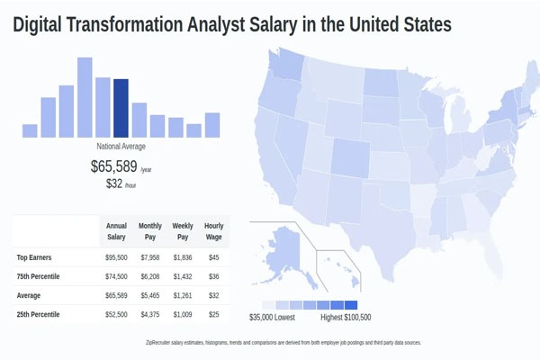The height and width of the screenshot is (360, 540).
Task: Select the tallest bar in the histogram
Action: (85, 97)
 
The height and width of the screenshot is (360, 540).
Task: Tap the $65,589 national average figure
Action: (113, 166)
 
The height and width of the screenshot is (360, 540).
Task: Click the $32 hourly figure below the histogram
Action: (113, 184)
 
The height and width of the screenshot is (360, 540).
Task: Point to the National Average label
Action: (121, 147)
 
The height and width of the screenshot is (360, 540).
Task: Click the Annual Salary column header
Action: (116, 231)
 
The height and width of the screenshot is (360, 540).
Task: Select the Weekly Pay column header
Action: (182, 231)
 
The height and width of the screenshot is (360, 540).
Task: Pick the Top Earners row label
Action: (35, 257)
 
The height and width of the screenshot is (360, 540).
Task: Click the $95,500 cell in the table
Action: (116, 257)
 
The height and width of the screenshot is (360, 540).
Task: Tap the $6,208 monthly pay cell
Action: (149, 276)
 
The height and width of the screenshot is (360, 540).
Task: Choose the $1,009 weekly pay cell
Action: (182, 314)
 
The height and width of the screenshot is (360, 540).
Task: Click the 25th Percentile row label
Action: (40, 314)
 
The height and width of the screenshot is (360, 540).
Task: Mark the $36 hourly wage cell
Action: (214, 276)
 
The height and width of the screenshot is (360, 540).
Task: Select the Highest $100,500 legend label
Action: (346, 318)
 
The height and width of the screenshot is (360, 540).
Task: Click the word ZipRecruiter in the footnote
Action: (163, 343)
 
